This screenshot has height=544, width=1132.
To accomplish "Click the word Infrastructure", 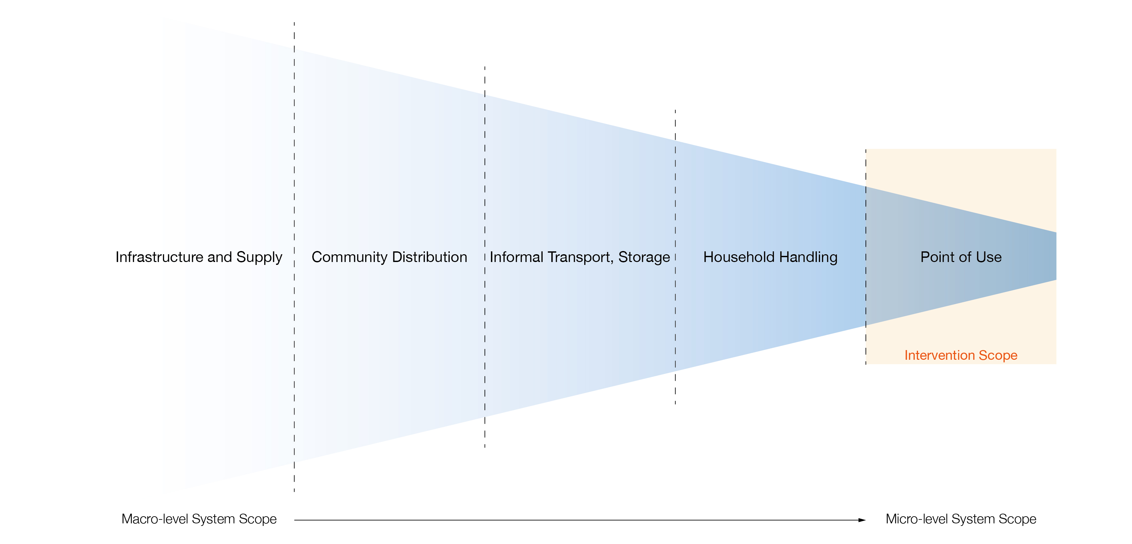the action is [159, 257].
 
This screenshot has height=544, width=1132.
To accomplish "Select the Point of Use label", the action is [961, 257].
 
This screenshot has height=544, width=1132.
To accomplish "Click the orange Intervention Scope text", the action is [961, 355].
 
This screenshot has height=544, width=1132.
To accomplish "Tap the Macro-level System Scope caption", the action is [199, 519].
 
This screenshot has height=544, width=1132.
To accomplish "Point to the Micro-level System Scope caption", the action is [961, 519].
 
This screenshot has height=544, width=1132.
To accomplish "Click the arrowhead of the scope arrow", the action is [862, 520].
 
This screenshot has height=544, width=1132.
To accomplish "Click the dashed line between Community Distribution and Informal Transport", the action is [485, 176].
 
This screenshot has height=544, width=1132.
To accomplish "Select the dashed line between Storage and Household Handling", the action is [676, 198].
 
